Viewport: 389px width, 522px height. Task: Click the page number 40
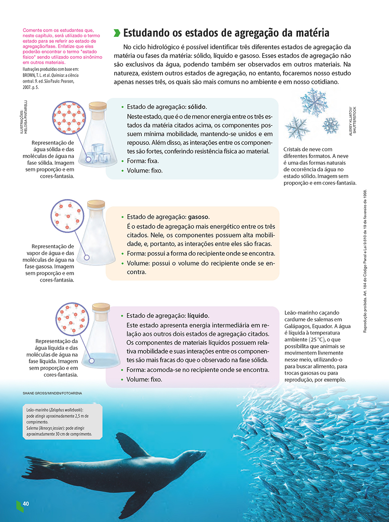point(26,504)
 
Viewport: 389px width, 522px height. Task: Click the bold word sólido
point(197,107)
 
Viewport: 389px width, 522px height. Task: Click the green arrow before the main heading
point(117,33)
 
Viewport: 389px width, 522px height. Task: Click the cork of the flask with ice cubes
point(97,106)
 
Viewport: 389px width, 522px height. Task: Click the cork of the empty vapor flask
point(96,203)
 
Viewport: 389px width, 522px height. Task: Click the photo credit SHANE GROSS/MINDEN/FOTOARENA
point(52,393)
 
